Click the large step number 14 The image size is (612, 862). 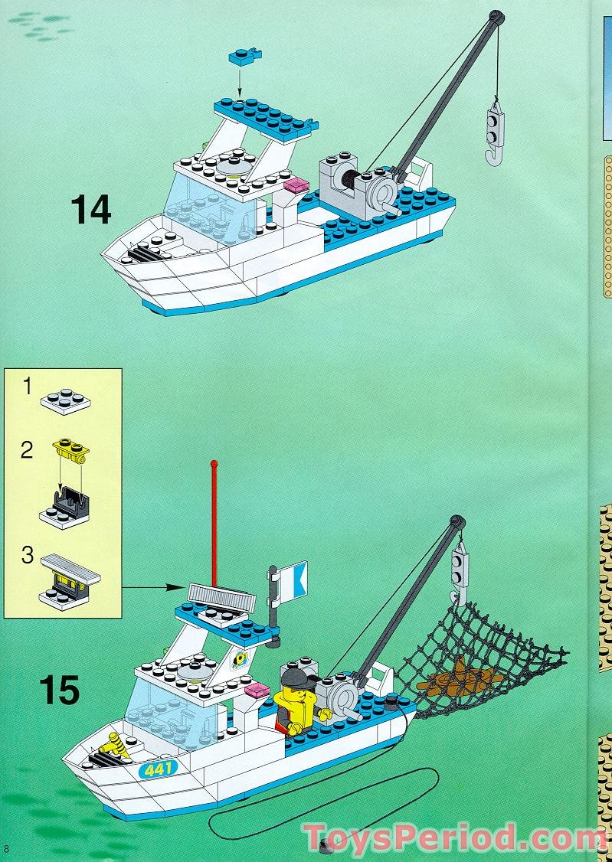[x=90, y=209]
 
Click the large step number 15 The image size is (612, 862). [x=59, y=689]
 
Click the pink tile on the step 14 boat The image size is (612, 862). [x=296, y=184]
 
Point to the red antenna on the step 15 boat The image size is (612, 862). [x=214, y=521]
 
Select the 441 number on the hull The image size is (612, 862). [x=158, y=768]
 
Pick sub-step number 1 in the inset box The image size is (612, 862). [x=27, y=387]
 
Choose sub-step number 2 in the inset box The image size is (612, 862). [x=27, y=450]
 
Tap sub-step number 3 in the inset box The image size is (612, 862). [x=28, y=555]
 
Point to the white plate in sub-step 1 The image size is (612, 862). [x=66, y=399]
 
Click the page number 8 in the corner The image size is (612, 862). [x=7, y=847]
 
